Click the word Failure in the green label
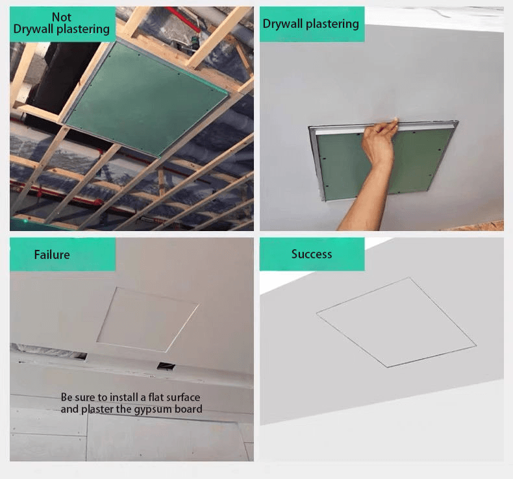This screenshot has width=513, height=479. coord(52,254)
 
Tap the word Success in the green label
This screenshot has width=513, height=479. coord(312,254)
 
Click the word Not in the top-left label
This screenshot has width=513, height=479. coord(62,17)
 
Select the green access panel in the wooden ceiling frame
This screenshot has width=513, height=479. coord(146,100)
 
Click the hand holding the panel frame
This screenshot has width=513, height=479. coord(379,141)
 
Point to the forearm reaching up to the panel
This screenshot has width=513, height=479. coord(366,196)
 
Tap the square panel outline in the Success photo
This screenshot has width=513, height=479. coord(396,322)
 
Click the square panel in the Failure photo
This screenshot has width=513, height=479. coord(148,319)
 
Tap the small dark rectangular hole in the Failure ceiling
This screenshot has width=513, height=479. coord(166,366)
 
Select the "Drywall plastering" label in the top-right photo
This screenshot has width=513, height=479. coord(311,24)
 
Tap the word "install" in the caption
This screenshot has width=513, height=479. coord(124,397)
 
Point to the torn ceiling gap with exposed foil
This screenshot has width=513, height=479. coord(49,352)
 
